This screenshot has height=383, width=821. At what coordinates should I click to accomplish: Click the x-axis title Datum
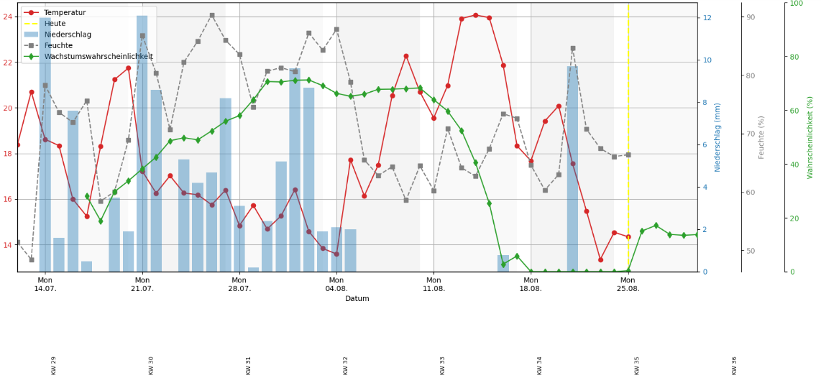[357, 298]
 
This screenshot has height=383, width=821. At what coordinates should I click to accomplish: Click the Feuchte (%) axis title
[761, 137]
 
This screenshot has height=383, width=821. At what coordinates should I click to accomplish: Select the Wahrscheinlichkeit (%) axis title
[810, 137]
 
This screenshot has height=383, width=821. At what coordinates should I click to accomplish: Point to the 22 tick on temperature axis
[8, 63]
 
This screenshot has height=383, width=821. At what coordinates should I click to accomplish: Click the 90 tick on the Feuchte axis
[751, 17]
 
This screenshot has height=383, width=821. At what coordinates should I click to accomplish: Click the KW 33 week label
[443, 365]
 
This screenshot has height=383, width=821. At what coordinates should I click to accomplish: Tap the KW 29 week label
[54, 365]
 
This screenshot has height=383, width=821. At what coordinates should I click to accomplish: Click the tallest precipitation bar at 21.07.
[142, 144]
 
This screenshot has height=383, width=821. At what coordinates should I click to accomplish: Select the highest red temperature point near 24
[475, 15]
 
